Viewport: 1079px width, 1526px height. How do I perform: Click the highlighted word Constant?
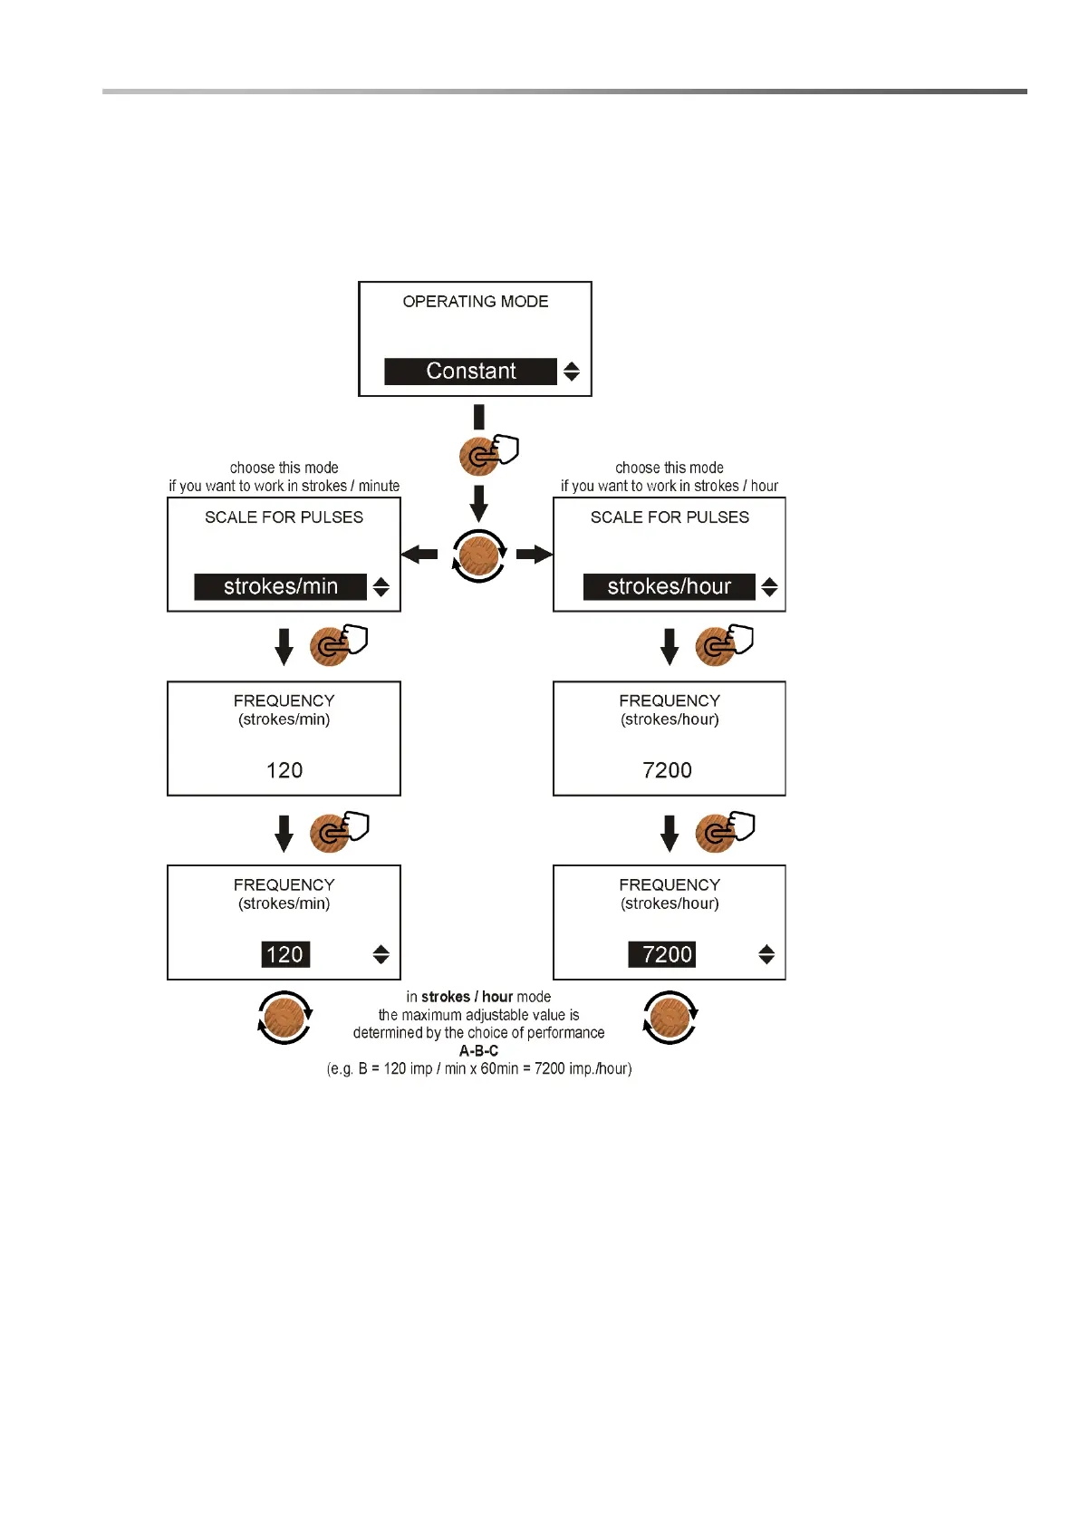(x=470, y=372)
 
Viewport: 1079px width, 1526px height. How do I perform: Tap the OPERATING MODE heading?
(x=476, y=302)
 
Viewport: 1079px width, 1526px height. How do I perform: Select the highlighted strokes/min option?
(x=281, y=587)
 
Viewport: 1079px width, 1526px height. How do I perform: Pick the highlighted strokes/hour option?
(x=669, y=587)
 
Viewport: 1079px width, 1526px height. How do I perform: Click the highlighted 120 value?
(x=285, y=954)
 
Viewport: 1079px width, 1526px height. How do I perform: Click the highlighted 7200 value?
(x=667, y=954)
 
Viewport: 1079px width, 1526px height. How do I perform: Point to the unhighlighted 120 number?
(x=284, y=770)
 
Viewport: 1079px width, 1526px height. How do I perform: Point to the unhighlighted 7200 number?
(x=667, y=770)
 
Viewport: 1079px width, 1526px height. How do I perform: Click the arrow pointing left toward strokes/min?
(x=419, y=554)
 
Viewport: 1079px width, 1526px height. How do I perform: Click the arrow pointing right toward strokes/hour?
(x=535, y=554)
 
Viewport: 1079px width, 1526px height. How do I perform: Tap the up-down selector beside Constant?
(x=572, y=372)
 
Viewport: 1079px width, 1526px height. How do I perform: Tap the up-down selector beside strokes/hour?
(x=769, y=587)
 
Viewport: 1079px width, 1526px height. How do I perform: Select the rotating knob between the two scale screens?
(x=478, y=555)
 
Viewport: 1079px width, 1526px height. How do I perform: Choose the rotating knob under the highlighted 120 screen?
(x=284, y=1018)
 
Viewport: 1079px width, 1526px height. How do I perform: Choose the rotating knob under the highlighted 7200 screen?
(x=670, y=1018)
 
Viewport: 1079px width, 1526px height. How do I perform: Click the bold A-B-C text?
(x=478, y=1051)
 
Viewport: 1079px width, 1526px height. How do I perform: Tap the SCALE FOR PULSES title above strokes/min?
(x=284, y=517)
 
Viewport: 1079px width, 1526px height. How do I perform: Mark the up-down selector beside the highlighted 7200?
(x=766, y=954)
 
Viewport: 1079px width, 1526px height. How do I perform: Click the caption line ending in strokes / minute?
(x=284, y=486)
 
